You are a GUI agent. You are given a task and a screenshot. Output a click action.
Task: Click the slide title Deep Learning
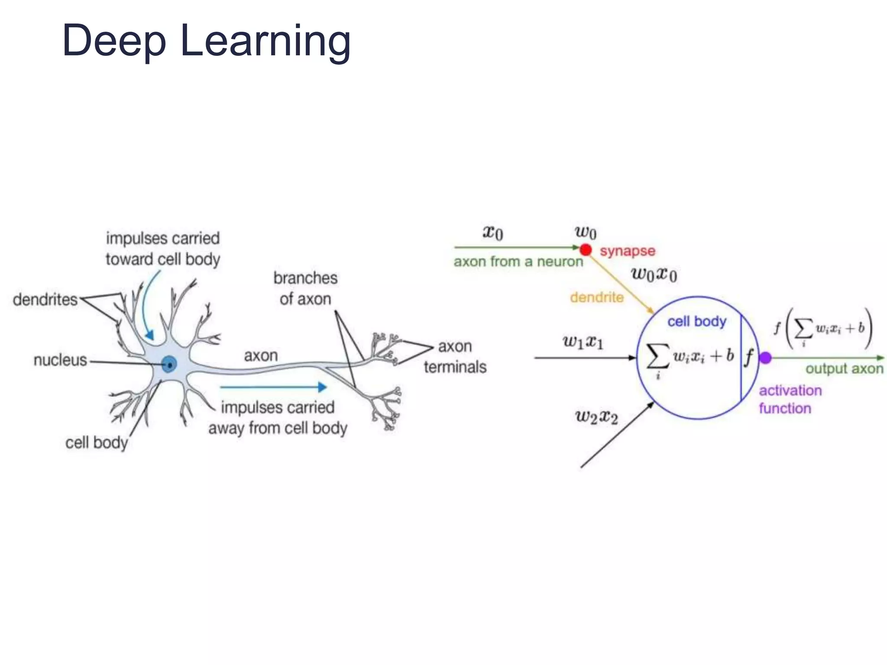click(206, 41)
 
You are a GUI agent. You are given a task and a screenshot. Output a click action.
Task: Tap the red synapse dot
click(586, 250)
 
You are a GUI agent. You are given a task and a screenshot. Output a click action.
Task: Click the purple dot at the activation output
click(765, 358)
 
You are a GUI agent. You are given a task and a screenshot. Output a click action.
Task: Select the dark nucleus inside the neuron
click(169, 365)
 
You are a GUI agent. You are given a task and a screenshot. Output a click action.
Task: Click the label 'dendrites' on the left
click(45, 300)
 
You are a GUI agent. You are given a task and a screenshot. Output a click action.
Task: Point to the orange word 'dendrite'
click(596, 297)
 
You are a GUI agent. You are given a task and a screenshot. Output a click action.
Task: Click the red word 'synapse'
click(627, 251)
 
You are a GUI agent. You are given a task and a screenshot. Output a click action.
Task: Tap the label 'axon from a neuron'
click(518, 262)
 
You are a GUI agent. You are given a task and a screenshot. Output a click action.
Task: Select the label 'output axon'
click(844, 369)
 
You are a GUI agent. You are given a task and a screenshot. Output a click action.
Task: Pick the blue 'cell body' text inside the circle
click(696, 322)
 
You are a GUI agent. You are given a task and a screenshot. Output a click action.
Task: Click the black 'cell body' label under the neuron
click(97, 443)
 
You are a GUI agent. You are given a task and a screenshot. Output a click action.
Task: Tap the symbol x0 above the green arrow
click(493, 232)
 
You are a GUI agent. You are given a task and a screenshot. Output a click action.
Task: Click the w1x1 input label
click(583, 342)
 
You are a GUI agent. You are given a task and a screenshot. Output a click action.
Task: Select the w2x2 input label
click(596, 416)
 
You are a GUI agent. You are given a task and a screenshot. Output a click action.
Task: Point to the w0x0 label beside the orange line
click(654, 274)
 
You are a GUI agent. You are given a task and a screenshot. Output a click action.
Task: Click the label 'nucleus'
click(60, 360)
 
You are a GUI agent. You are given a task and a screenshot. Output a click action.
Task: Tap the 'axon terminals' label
click(455, 357)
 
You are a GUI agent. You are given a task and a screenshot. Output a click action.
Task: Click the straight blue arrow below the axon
click(273, 387)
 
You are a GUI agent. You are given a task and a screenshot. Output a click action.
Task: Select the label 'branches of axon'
click(305, 288)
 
